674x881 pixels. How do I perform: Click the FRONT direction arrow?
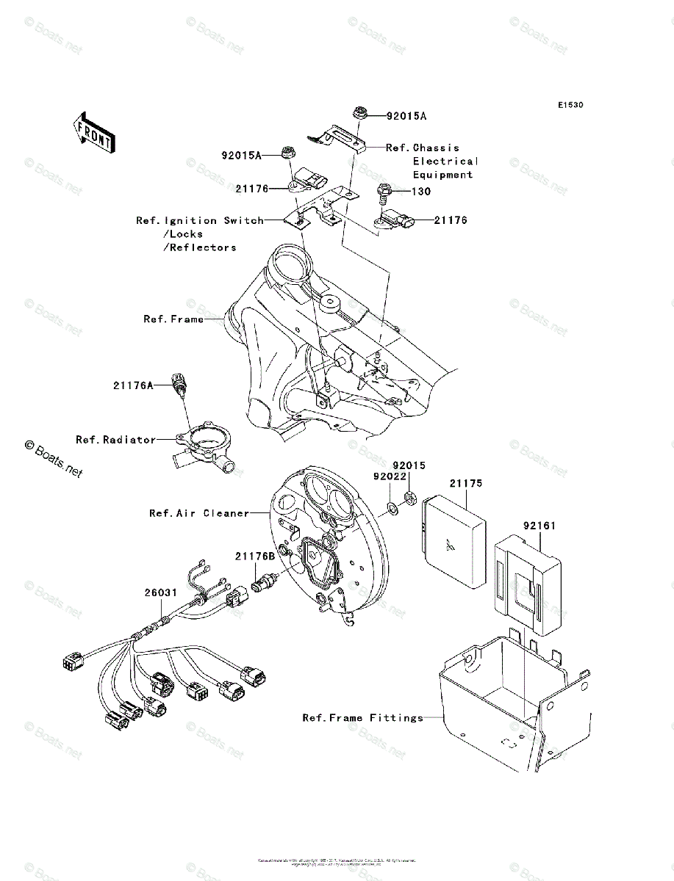[x=91, y=132]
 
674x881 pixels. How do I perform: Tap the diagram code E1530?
[x=570, y=106]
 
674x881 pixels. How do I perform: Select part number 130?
[x=421, y=192]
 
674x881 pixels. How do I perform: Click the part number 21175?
[x=466, y=484]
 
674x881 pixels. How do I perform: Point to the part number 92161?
[x=539, y=526]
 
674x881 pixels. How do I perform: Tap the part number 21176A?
[x=133, y=385]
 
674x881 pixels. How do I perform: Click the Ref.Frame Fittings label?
[x=363, y=717]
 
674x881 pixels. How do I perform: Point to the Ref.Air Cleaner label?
[x=199, y=513]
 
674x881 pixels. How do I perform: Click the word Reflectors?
[x=203, y=248]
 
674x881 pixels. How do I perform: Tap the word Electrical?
[x=445, y=162]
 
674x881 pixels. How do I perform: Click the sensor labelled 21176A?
[x=179, y=385]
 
